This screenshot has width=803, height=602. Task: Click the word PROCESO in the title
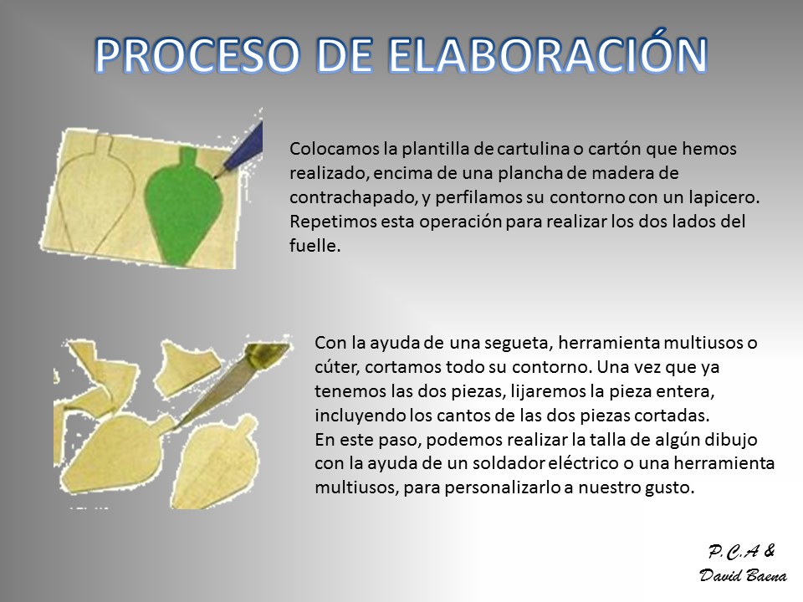[197, 55]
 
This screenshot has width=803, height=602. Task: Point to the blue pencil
[240, 149]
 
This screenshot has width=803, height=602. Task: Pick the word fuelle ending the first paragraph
[315, 246]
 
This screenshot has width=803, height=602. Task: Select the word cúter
[336, 367]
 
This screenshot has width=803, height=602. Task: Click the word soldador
[508, 463]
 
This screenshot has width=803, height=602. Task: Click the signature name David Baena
[743, 575]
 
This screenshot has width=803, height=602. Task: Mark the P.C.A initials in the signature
[734, 552]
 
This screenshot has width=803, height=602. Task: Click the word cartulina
[534, 149]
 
